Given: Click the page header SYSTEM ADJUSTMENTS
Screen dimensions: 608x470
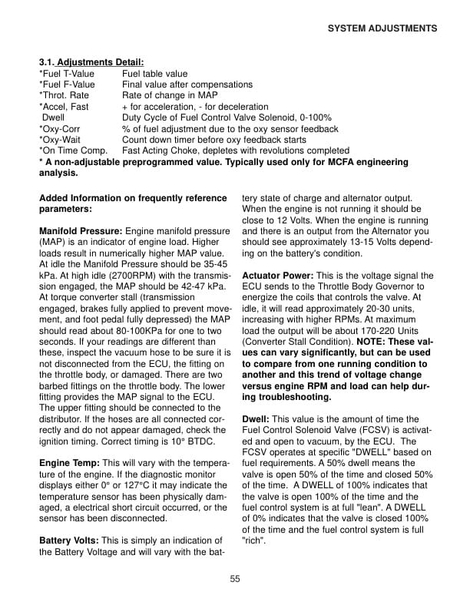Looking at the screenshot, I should pyautogui.click(x=382, y=28).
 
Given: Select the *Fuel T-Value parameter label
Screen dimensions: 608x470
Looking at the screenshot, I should pyautogui.click(x=66, y=74).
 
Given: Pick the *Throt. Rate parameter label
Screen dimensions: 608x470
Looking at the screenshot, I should pyautogui.click(x=64, y=95).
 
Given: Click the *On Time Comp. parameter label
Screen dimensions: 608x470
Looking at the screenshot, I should pyautogui.click(x=73, y=150).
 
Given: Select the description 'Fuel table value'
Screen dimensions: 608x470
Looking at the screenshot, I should pyautogui.click(x=154, y=74).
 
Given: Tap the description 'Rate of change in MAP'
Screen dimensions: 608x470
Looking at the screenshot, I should pyautogui.click(x=170, y=95).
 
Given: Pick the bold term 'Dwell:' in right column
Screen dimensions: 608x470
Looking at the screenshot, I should pyautogui.click(x=256, y=420).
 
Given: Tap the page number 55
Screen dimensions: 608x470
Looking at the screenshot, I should pyautogui.click(x=235, y=578).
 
